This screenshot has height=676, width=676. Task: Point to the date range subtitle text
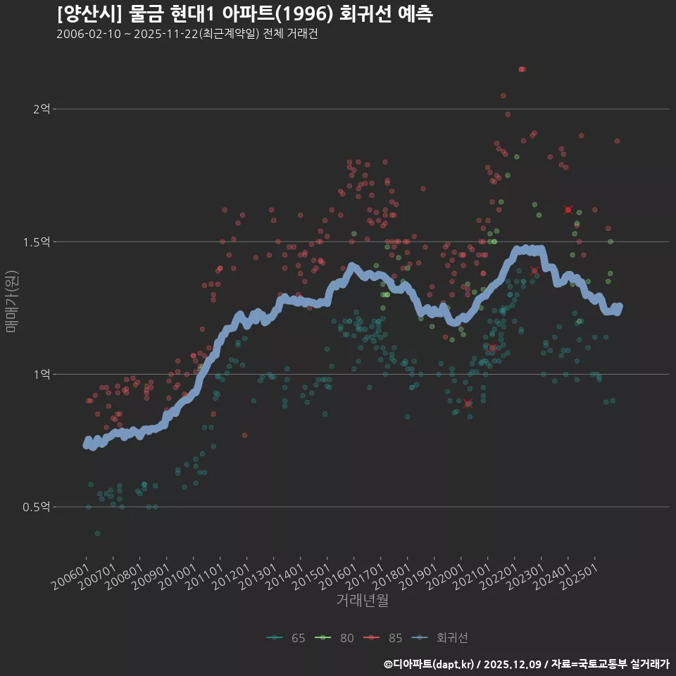187,35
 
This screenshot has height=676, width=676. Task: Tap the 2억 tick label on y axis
42,109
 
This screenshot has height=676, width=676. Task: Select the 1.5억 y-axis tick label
37,242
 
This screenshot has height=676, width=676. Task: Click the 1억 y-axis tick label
42,374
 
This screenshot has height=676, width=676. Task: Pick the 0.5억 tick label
37,507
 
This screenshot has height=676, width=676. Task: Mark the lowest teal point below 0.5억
97,533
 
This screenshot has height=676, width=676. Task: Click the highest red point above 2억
521,69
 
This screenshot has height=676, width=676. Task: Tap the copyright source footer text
527,663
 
